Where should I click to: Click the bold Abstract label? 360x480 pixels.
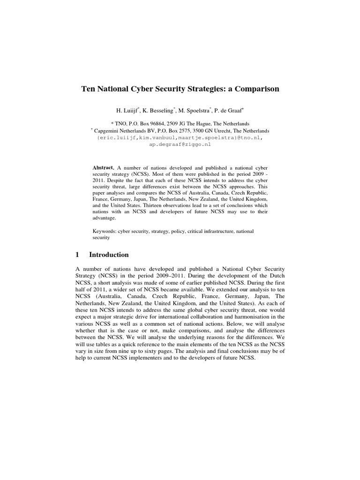[103, 167]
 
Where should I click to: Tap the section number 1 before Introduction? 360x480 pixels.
[77, 255]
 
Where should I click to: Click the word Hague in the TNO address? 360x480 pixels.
[222, 123]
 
